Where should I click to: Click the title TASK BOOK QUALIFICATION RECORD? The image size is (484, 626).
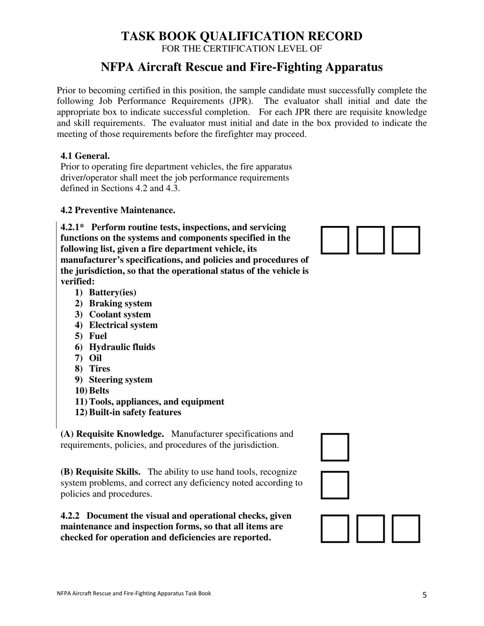[x=241, y=36]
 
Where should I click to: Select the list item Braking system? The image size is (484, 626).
[x=120, y=303]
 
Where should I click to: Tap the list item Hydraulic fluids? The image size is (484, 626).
[x=122, y=347]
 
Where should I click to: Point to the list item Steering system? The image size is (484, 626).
[x=120, y=380]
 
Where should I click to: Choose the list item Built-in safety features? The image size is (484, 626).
[x=135, y=412]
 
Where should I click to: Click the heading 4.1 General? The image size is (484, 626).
[x=85, y=156]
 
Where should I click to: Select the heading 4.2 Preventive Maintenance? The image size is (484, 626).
[x=118, y=210]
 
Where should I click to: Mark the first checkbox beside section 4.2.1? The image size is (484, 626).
[x=335, y=240]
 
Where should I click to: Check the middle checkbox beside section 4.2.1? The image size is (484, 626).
[x=370, y=240]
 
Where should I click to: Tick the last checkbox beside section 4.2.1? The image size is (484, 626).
[x=406, y=240]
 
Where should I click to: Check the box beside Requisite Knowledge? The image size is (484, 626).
[x=335, y=447]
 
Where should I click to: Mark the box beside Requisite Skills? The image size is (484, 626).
[x=335, y=485]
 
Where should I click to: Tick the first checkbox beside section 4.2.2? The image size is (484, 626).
[x=335, y=529]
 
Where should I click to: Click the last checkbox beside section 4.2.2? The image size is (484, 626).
[x=406, y=529]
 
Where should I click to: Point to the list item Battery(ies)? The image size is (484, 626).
[x=113, y=293]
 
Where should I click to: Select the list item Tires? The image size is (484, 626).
[x=99, y=368]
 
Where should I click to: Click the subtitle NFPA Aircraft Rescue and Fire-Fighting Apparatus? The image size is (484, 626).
[x=241, y=67]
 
